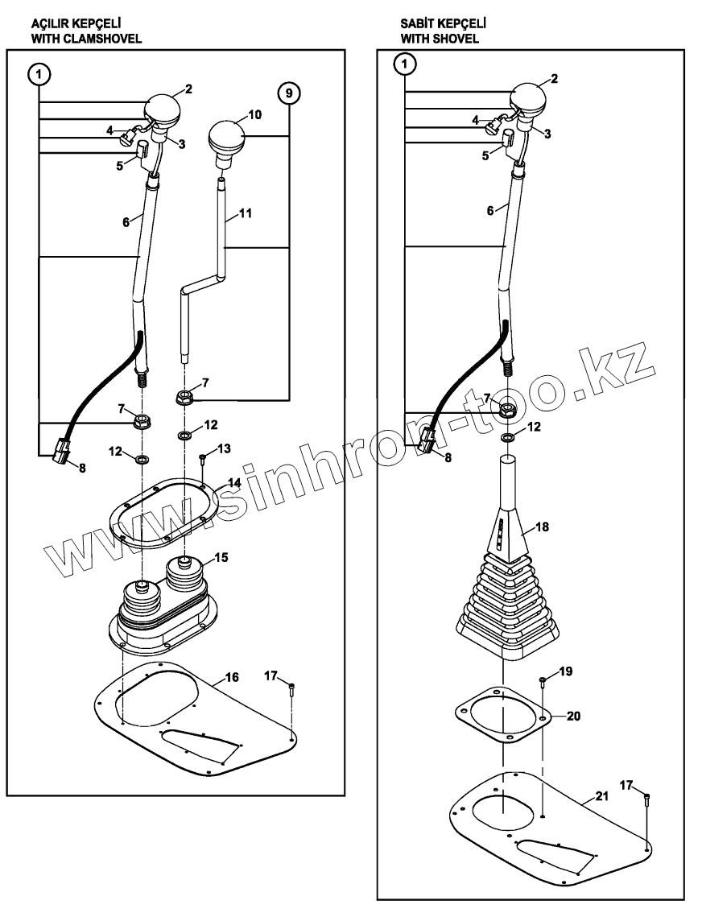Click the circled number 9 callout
290,93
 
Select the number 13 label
224,447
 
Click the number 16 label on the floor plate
231,677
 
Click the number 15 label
221,557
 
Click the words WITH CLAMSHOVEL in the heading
80,38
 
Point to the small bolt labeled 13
203,460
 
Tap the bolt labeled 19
542,684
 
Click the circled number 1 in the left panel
39,75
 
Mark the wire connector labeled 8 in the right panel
427,440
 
